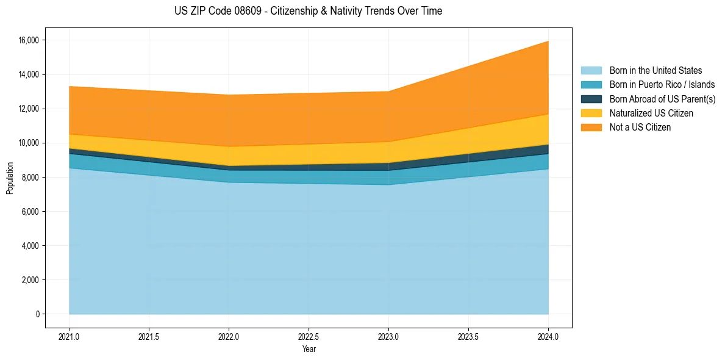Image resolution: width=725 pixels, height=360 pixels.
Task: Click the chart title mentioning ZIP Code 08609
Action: click(308, 11)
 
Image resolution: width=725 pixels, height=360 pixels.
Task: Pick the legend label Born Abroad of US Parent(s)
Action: click(662, 99)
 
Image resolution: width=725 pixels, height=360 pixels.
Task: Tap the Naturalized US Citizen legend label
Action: click(651, 113)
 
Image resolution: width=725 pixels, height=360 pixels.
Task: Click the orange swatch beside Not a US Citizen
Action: click(591, 128)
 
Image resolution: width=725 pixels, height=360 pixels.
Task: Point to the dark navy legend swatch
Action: click(591, 99)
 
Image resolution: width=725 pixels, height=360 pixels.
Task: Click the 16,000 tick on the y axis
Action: click(28, 40)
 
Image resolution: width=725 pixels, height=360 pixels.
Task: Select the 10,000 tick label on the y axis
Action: click(28, 143)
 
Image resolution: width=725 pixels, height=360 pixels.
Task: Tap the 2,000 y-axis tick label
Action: click(30, 280)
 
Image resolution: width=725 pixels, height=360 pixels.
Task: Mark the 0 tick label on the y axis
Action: click(37, 314)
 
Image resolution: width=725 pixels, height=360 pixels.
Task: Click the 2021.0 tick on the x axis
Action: click(70, 336)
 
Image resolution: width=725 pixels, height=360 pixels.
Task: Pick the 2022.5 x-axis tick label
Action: click(309, 336)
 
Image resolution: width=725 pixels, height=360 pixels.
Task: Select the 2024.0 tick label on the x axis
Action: click(548, 336)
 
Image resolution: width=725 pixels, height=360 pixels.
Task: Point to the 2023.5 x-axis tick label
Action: click(468, 336)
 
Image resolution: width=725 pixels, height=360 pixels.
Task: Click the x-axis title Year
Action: click(309, 349)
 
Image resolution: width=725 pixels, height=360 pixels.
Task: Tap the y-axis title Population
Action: click(10, 178)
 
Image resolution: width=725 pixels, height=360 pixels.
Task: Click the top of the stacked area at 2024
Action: click(548, 41)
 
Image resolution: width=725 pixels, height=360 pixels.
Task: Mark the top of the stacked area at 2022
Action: click(229, 95)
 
